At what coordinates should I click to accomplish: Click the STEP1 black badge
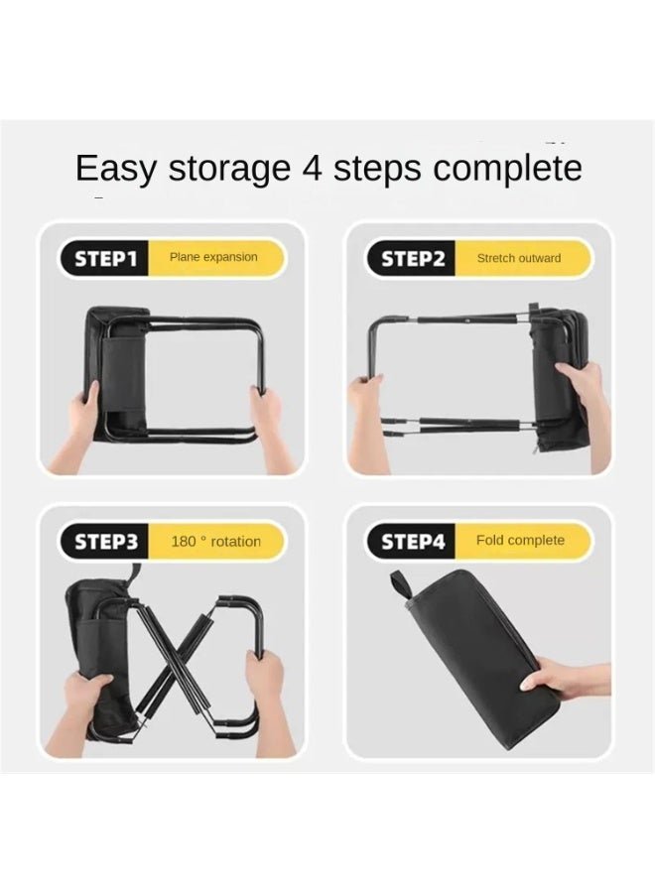(x=104, y=259)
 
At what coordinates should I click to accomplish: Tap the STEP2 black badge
(x=411, y=259)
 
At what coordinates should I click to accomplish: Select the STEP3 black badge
(x=104, y=542)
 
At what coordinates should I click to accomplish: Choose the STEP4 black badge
(x=411, y=542)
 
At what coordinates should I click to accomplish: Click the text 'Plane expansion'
(x=213, y=257)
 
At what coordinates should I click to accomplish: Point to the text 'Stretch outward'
(x=519, y=258)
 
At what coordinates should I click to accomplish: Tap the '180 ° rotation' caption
(x=216, y=541)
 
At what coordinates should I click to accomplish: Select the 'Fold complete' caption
(x=520, y=540)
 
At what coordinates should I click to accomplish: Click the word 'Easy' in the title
(x=116, y=169)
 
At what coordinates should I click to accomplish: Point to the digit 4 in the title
(x=312, y=168)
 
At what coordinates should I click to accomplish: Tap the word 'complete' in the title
(x=507, y=169)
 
